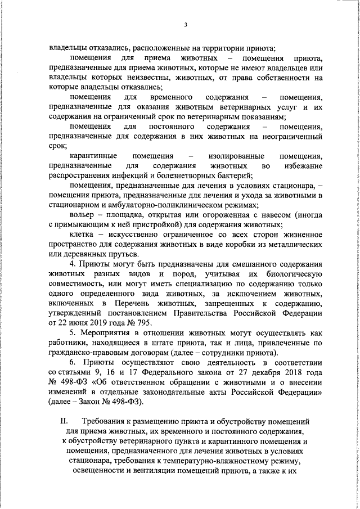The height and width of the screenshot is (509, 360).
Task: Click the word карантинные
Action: pos(93,155)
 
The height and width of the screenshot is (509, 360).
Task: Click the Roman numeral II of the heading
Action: pos(64,421)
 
